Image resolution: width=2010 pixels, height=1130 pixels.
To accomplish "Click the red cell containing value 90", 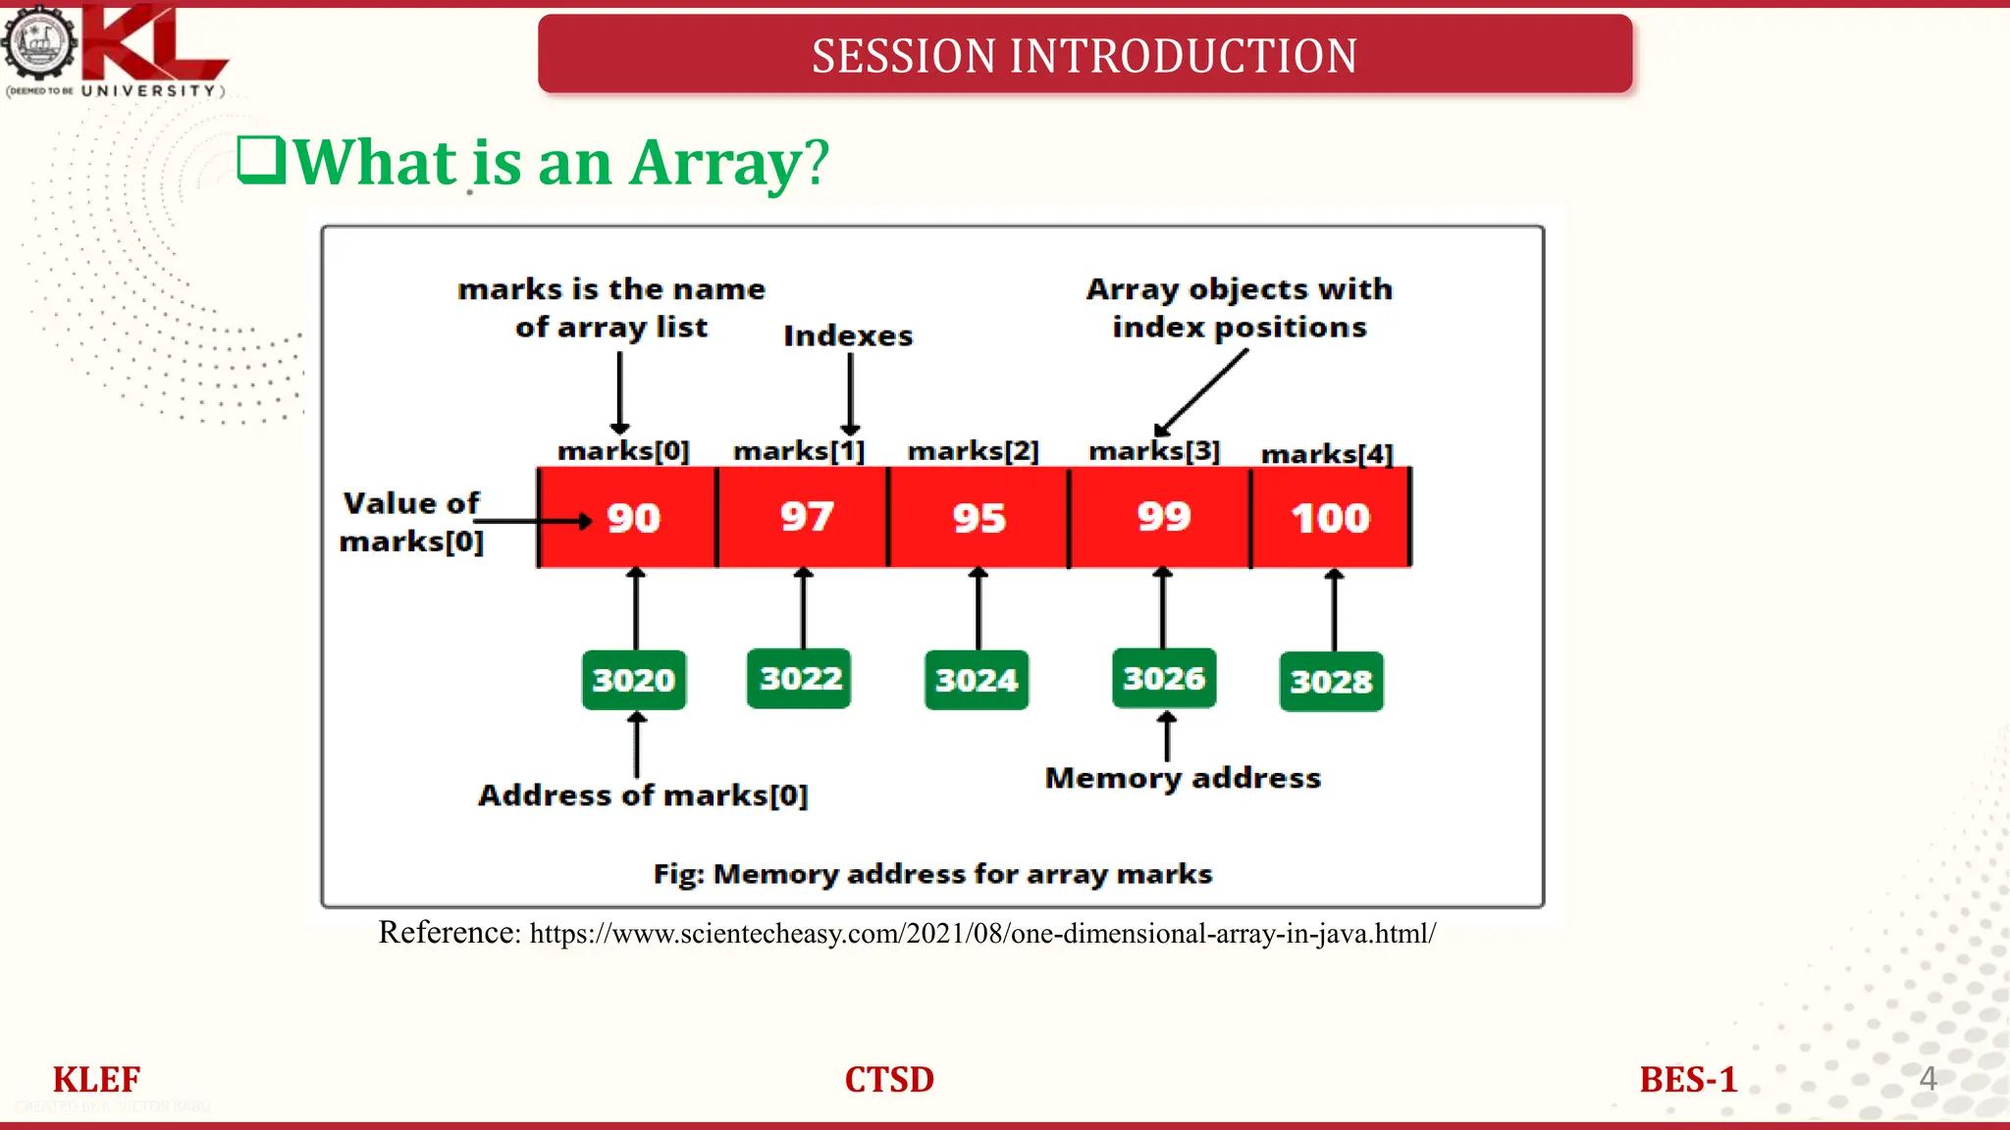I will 628,518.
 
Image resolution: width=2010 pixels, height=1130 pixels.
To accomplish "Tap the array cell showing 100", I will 1331,518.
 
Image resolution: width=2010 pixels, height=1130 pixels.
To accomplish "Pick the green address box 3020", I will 634,680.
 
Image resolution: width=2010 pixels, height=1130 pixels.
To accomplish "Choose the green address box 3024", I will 977,680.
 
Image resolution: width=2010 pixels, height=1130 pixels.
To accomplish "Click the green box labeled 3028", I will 1331,682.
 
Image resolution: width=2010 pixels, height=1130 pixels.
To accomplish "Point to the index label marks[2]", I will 973,451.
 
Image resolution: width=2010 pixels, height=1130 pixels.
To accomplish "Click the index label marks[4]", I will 1327,454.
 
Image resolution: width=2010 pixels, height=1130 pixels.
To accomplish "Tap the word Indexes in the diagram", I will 848,335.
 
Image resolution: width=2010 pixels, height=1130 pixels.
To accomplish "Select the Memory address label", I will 1183,778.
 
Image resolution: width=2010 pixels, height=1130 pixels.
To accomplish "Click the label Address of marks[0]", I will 643,795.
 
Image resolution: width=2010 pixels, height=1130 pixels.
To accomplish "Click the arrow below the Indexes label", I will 851,392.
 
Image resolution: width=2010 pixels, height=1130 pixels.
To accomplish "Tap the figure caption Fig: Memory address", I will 932,873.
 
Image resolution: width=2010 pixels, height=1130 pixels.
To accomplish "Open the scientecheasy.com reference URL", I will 981,933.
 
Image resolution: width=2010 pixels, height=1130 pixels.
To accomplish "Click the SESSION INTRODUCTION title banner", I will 1084,55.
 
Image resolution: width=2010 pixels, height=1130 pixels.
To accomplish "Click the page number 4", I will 1927,1078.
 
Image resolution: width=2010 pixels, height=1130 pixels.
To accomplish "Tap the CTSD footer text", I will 889,1079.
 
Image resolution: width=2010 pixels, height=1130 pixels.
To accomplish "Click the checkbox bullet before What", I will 261,160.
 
